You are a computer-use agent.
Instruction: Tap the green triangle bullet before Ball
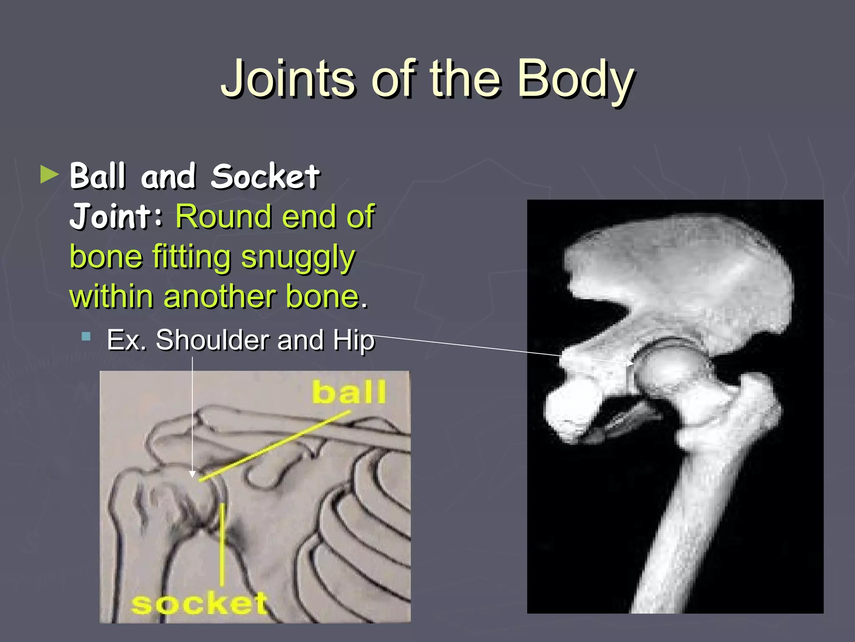50,175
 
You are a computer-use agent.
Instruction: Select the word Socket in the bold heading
265,176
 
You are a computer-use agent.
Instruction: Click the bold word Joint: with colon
116,217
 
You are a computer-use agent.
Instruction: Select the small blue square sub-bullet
86,336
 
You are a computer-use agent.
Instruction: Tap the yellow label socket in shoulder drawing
199,604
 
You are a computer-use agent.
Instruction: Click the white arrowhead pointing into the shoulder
192,474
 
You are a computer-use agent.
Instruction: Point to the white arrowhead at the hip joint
630,363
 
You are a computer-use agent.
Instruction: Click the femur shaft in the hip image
693,522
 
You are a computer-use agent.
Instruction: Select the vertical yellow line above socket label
222,543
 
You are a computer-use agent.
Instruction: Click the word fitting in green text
192,257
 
